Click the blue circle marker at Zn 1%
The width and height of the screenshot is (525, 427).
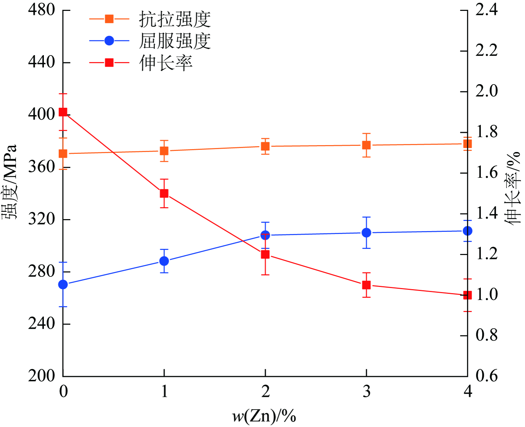tap(164, 261)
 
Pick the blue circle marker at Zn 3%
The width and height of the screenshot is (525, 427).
tap(367, 233)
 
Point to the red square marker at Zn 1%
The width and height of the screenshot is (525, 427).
tap(164, 193)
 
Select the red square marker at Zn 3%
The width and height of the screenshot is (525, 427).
tap(367, 285)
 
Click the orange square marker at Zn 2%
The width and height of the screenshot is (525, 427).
tap(265, 147)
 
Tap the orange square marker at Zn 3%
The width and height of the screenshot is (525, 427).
tap(367, 145)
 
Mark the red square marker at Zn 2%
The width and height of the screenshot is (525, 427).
tap(265, 255)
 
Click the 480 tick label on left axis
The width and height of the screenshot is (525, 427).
tap(42, 10)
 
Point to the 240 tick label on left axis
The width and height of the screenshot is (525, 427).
tap(42, 324)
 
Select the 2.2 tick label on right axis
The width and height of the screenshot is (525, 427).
tap(487, 50)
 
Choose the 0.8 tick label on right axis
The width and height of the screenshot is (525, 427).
tap(487, 335)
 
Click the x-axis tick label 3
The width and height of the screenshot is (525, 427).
tap(367, 391)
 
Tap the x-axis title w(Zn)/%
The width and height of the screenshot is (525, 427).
tap(264, 416)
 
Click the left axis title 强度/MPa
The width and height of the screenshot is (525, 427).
tap(10, 181)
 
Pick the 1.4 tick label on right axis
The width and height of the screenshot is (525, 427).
tap(487, 213)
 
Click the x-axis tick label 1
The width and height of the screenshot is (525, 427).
tap(164, 391)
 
